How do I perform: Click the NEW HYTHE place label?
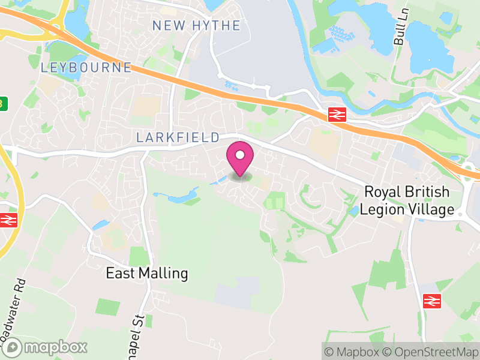(x=196, y=26)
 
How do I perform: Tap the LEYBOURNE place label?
(x=86, y=67)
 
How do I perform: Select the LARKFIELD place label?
(x=178, y=137)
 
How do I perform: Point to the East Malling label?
(x=147, y=274)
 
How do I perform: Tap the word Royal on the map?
(x=382, y=193)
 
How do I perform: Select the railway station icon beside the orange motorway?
(x=335, y=114)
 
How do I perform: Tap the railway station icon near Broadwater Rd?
(x=8, y=220)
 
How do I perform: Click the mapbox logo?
(x=45, y=347)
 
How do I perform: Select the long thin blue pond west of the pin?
(x=178, y=196)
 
